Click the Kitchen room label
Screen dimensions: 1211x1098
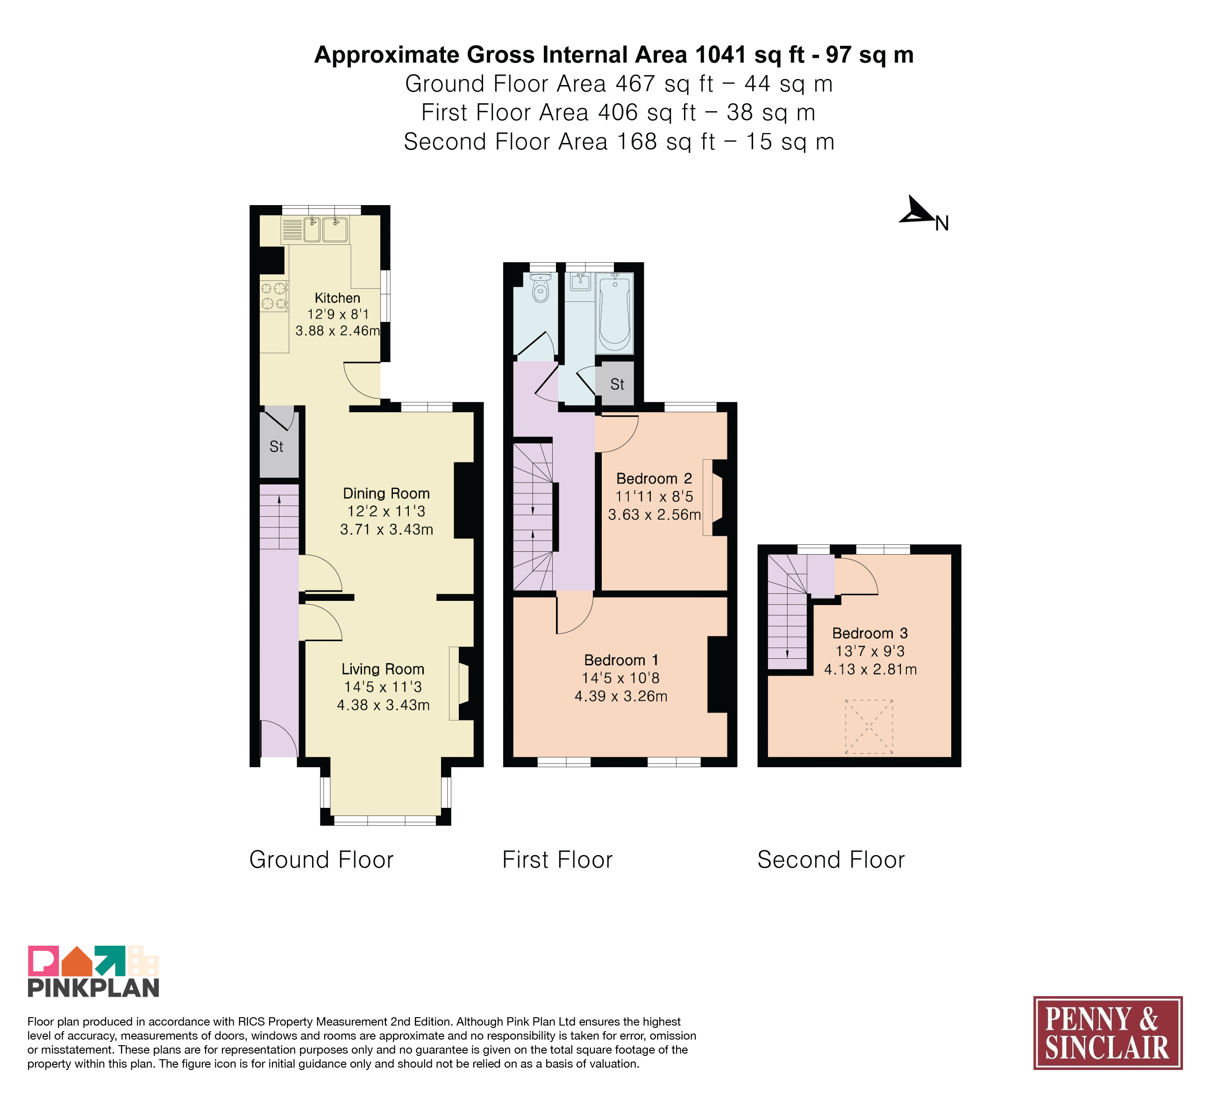(338, 298)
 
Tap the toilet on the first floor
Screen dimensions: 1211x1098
(541, 288)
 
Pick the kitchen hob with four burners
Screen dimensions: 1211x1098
(274, 296)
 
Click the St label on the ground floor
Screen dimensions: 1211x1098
(276, 446)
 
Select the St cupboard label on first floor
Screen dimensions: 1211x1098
(617, 385)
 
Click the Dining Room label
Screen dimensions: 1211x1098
(386, 493)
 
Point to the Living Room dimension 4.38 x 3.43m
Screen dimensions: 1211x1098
(383, 705)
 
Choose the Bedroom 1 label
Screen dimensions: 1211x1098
(621, 660)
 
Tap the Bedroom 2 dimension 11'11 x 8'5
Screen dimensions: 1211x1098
(654, 497)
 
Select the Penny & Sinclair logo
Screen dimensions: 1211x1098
(1108, 1033)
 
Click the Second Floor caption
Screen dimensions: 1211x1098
(831, 860)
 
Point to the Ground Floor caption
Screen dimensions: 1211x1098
(321, 860)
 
